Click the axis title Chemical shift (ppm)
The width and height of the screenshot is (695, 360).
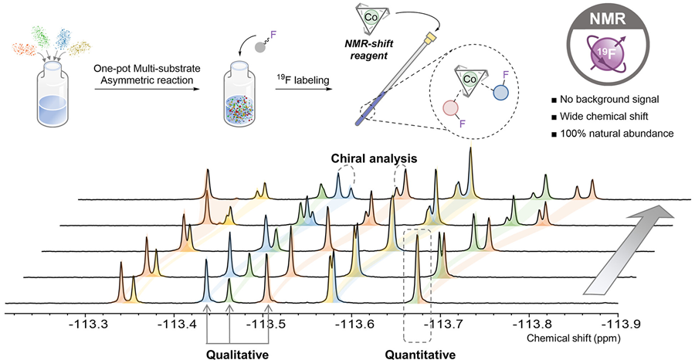(x=573, y=339)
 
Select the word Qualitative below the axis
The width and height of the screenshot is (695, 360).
(x=238, y=355)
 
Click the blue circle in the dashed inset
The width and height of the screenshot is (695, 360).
(x=501, y=92)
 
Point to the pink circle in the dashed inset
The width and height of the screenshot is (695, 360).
(x=452, y=109)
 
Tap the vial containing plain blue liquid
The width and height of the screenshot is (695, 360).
(x=52, y=93)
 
